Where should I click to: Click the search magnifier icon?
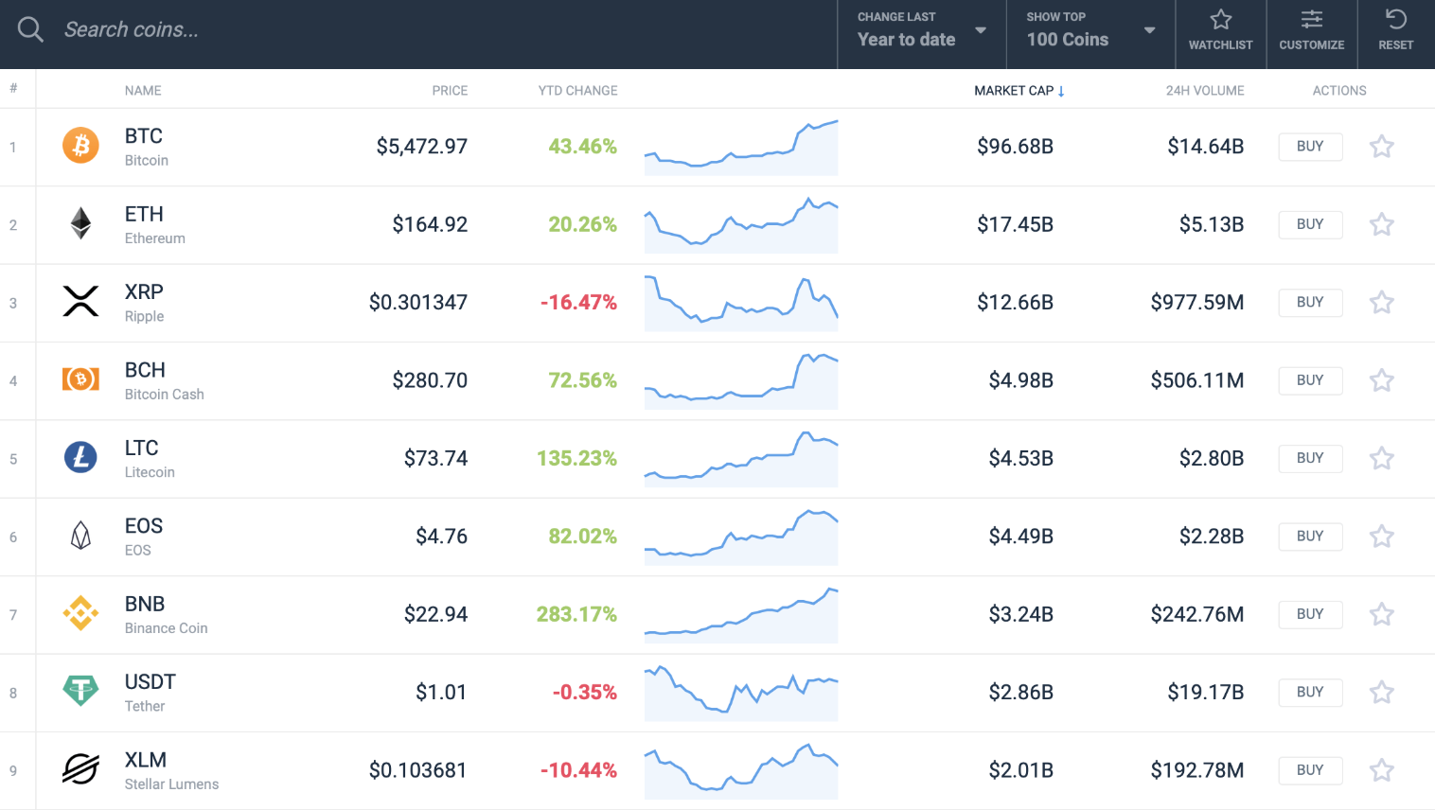click(x=30, y=29)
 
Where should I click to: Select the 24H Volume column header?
click(x=1204, y=91)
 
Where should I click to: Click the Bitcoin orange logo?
click(x=80, y=146)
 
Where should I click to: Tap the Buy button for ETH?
click(x=1310, y=224)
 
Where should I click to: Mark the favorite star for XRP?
click(x=1381, y=303)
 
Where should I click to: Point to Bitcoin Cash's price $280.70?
click(x=430, y=380)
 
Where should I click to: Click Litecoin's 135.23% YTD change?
click(x=576, y=459)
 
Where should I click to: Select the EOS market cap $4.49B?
click(x=1020, y=537)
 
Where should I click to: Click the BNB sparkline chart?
click(x=741, y=615)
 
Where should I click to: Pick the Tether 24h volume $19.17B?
click(x=1205, y=693)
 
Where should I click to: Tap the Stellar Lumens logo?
click(x=80, y=769)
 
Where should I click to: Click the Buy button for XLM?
click(x=1310, y=770)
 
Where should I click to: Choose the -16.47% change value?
click(x=578, y=303)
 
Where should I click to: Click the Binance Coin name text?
click(x=166, y=628)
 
